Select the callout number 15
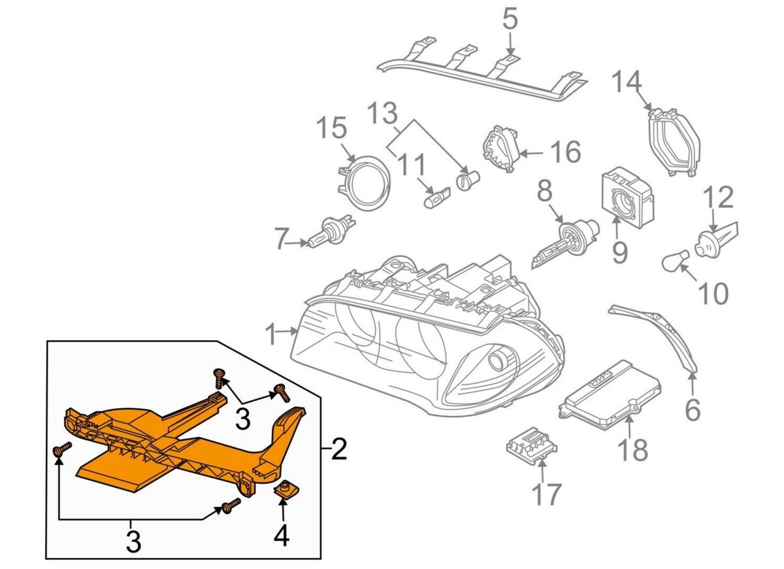331,128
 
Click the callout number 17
546,494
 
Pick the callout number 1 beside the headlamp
272,336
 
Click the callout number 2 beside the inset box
339,449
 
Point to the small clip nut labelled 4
284,489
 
